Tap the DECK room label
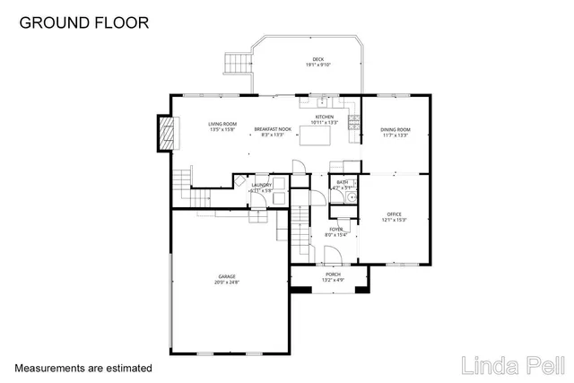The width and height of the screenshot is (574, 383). pos(317,58)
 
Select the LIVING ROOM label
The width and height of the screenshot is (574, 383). pos(222,125)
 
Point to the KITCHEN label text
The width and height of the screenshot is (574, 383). pos(324,117)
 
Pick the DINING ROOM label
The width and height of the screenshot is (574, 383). pos(395,129)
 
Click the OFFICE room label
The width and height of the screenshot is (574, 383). pos(394,213)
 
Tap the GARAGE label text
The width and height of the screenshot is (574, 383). pos(227,276)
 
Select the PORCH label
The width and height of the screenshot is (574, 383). pos(333,274)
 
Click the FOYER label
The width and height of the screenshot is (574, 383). pos(335,230)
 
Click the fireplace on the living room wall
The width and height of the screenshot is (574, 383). pos(163,133)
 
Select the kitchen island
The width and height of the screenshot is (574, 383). pos(315,135)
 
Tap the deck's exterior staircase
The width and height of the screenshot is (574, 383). pos(235,65)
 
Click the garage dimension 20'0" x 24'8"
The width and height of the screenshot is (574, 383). pos(227,283)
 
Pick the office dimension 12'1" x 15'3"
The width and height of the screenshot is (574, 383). pos(394,220)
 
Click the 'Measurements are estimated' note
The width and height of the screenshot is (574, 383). pos(83,368)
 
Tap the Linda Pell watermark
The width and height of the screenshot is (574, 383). pos(512,366)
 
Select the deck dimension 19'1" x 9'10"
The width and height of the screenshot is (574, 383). pos(317,65)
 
